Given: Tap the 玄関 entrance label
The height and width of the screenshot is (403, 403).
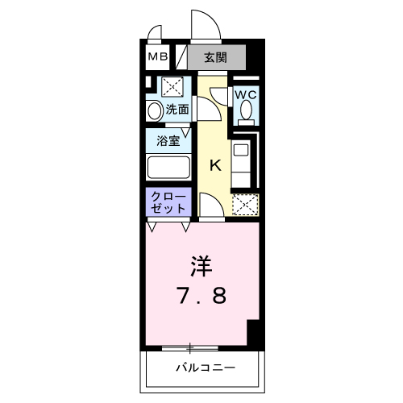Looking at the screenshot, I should tap(214, 57).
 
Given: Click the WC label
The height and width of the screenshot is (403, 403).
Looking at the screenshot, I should tap(246, 94).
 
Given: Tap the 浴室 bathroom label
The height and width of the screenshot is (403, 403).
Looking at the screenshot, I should tap(168, 139).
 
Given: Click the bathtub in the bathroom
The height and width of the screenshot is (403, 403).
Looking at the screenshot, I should tap(168, 167).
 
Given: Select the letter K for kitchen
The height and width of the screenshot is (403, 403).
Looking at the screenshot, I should tap(215, 167).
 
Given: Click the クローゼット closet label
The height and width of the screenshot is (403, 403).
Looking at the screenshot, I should tap(168, 202).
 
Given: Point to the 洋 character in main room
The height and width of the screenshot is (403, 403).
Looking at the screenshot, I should tap(202, 264).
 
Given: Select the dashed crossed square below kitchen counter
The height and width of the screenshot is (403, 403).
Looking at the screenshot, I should tap(244, 206).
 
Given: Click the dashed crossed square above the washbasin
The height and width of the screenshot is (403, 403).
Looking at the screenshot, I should tap(172, 87).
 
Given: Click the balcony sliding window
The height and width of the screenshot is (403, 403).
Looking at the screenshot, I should tap(190, 348).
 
